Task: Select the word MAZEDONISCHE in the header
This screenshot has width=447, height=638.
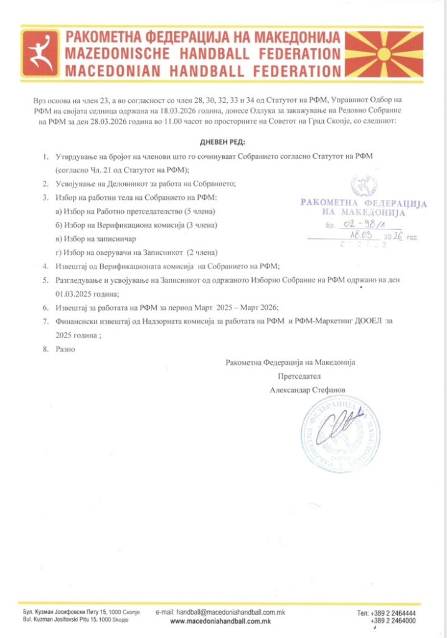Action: coord(113,54)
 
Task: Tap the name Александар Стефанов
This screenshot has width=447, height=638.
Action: coord(309,389)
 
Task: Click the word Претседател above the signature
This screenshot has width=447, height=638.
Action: coord(301,376)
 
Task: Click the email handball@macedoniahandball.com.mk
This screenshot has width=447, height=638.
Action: coord(220,612)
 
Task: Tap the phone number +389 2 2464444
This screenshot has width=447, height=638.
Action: coord(393,613)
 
